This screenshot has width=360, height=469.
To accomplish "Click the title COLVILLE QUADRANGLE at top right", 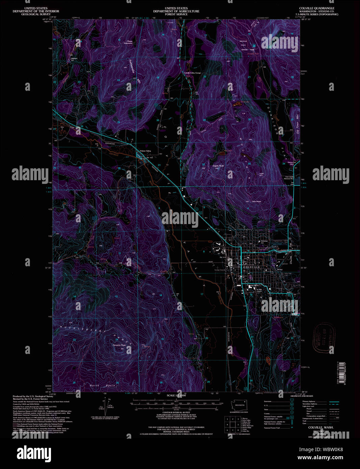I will click(x=316, y=8).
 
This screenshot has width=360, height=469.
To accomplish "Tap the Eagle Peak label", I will click(x=218, y=166).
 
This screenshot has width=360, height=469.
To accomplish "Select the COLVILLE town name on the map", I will click(x=252, y=267).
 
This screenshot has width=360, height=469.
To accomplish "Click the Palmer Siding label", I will click(x=146, y=151).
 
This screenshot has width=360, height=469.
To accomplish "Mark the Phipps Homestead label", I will click(x=128, y=42).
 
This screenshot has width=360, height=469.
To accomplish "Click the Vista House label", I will click(x=257, y=201).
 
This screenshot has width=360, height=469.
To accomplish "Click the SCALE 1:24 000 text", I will click(x=176, y=395).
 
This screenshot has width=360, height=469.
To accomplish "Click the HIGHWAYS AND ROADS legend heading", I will click(x=302, y=396).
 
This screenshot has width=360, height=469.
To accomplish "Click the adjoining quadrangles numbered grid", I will click(x=233, y=424).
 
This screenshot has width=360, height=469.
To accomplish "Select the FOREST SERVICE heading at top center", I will click(x=176, y=14).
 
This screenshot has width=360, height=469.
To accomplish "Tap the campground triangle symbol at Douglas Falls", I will click(x=254, y=46).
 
